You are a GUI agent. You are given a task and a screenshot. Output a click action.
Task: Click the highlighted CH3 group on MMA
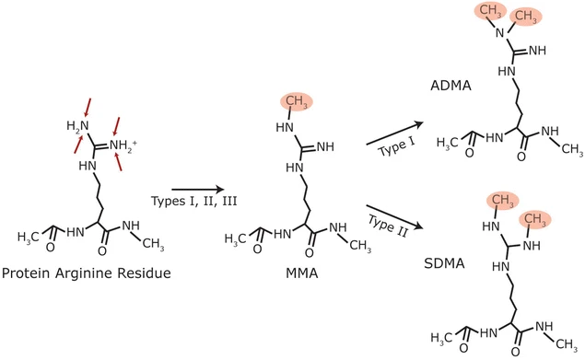coord(294,102)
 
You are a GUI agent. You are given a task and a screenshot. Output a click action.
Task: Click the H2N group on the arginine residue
coord(77,126)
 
